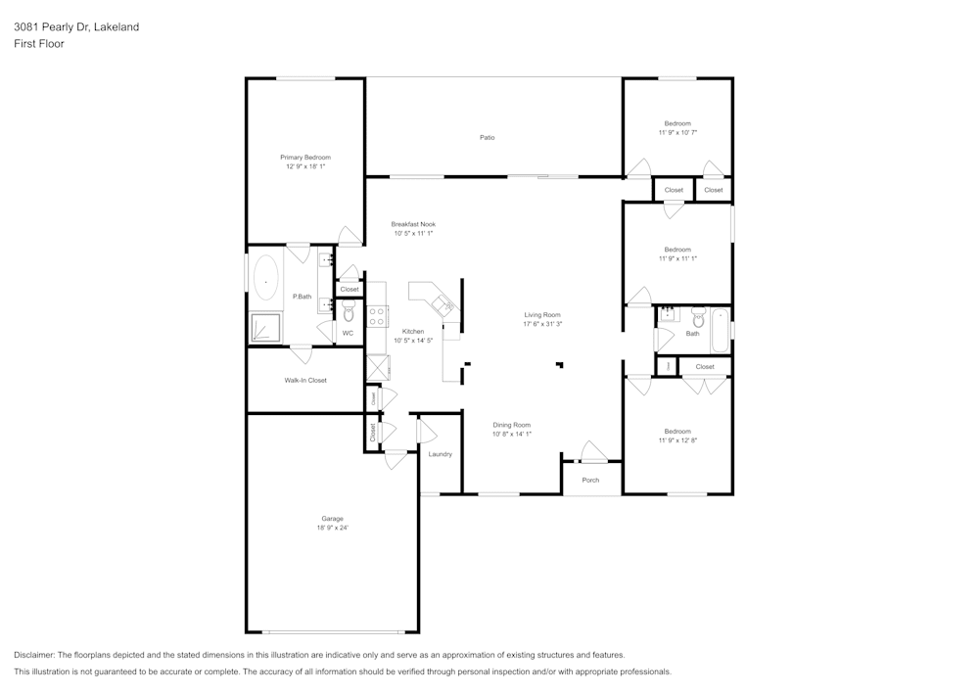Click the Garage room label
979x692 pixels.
[333, 519]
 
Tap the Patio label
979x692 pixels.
[487, 137]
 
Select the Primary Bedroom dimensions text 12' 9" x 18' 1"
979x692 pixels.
[305, 166]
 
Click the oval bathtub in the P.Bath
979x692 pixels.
[265, 278]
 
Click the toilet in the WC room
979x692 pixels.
[348, 312]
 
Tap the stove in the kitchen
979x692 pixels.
[377, 315]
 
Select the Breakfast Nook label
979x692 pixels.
[413, 224]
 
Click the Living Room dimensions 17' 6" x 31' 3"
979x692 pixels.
[542, 324]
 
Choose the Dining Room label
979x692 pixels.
[511, 424]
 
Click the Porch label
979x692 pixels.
[590, 480]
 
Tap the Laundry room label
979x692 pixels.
[440, 454]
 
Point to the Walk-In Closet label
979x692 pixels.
[305, 380]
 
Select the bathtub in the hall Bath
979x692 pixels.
[723, 331]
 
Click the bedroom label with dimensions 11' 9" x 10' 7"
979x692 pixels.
[677, 123]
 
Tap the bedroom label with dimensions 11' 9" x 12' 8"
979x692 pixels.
[677, 432]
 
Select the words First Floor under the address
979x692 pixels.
[38, 44]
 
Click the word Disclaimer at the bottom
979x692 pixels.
[34, 655]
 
